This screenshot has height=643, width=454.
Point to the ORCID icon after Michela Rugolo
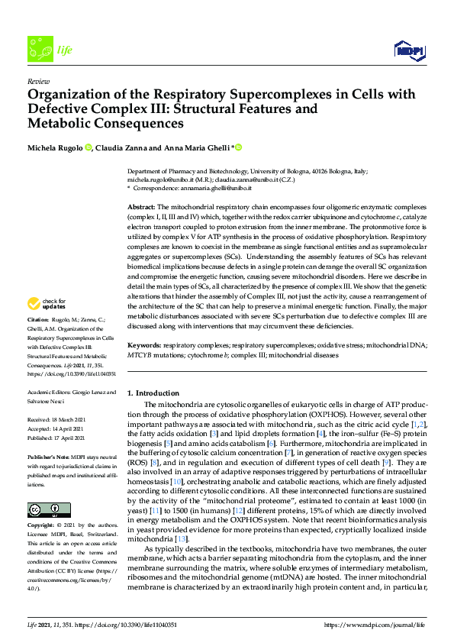pyautogui.click(x=89, y=147)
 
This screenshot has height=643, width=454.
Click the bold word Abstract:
pyautogui.click(x=140, y=208)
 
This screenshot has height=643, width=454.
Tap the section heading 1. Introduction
pyautogui.click(x=154, y=392)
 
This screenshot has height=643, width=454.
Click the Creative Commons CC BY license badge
pyautogui.click(x=43, y=510)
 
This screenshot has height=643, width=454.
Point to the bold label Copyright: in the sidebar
pyautogui.click(x=40, y=527)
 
